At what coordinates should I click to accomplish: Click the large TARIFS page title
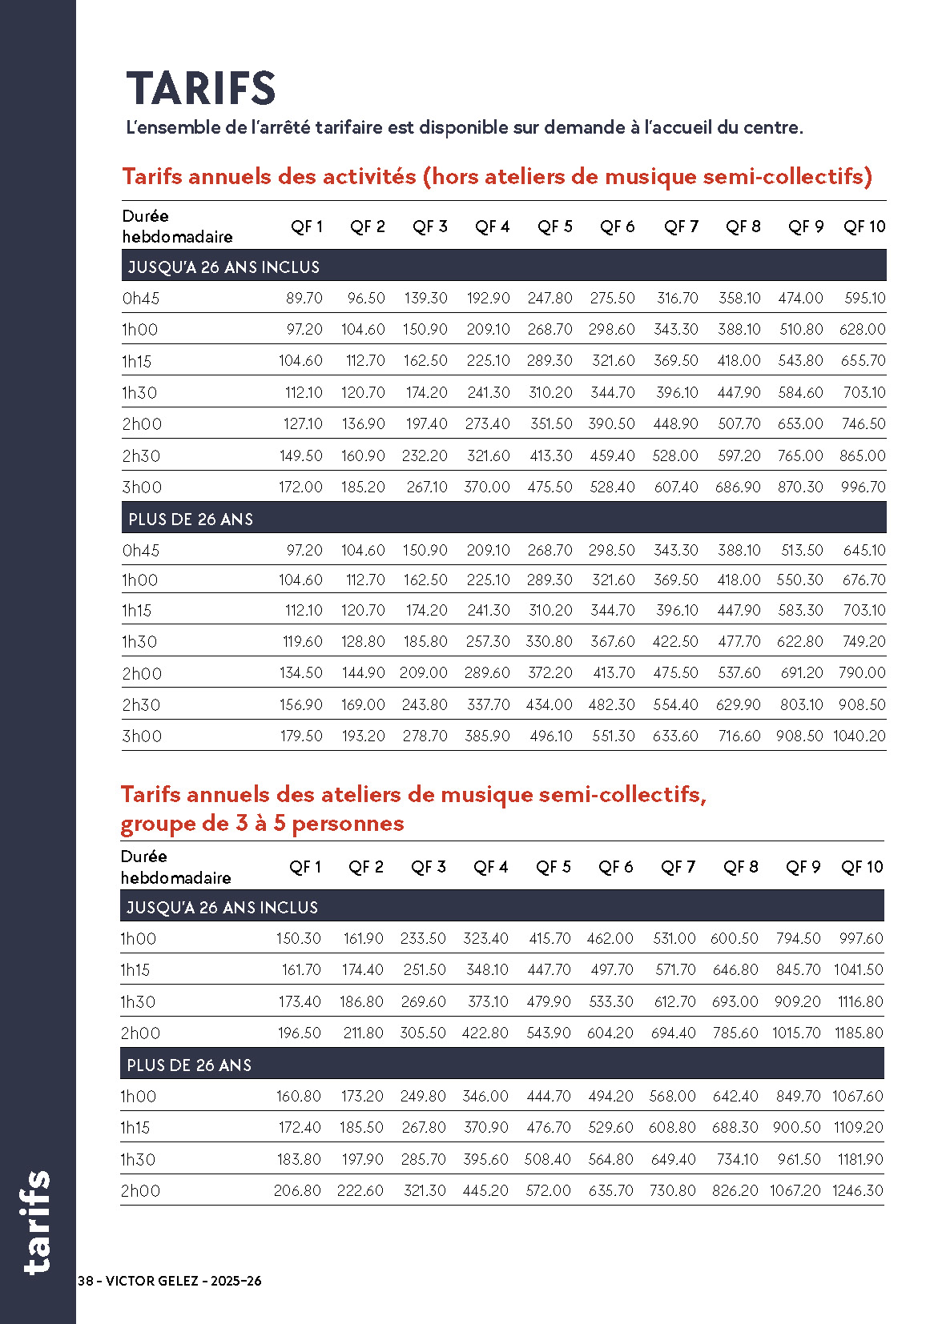pyautogui.click(x=201, y=88)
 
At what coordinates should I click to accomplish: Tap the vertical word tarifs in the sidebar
pyautogui.click(x=38, y=1222)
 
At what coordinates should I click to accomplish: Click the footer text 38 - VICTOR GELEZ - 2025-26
pyautogui.click(x=170, y=1281)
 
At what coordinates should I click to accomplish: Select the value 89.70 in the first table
pyautogui.click(x=304, y=299)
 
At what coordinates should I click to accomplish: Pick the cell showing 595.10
pyautogui.click(x=865, y=299)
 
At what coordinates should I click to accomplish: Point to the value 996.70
pyautogui.click(x=864, y=487)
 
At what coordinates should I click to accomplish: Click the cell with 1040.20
pyautogui.click(x=860, y=736)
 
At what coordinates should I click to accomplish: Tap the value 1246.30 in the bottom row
pyautogui.click(x=858, y=1191)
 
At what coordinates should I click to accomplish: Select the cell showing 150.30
pyautogui.click(x=299, y=939)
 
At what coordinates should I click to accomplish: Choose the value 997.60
pyautogui.click(x=861, y=939)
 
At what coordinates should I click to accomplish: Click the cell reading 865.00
pyautogui.click(x=863, y=456)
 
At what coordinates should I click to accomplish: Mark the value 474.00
pyautogui.click(x=801, y=299)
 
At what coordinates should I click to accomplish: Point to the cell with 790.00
pyautogui.click(x=863, y=673)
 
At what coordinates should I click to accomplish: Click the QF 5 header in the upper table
pyautogui.click(x=555, y=227)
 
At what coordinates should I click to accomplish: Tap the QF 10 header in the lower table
pyautogui.click(x=862, y=868)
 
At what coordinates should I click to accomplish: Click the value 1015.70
pyautogui.click(x=796, y=1033)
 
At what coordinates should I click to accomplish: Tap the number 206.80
pyautogui.click(x=297, y=1191)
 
